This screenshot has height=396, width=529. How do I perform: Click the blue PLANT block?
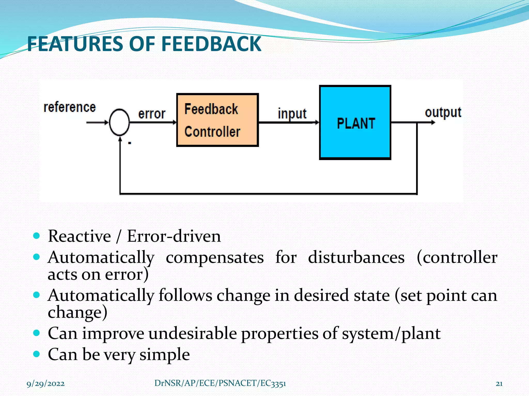355,122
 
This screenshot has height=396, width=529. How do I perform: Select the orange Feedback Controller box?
217,120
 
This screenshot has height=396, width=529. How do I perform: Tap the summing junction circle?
119,122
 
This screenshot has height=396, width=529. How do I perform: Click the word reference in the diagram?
69,107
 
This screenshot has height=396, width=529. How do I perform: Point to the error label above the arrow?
152,114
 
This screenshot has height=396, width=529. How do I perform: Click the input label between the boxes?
292,114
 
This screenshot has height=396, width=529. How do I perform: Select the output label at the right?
443,112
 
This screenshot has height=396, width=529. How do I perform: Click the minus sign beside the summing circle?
130,143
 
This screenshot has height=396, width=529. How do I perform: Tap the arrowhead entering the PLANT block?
317,122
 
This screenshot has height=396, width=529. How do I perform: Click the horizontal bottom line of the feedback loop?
269,193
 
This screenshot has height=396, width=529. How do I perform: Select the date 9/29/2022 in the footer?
45,384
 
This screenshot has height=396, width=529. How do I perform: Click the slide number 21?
499,384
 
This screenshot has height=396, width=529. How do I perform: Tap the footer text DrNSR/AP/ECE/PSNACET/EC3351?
220,383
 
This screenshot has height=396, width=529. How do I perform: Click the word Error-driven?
174,236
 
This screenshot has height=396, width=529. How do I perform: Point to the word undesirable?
192,333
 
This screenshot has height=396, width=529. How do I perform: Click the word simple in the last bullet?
165,354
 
